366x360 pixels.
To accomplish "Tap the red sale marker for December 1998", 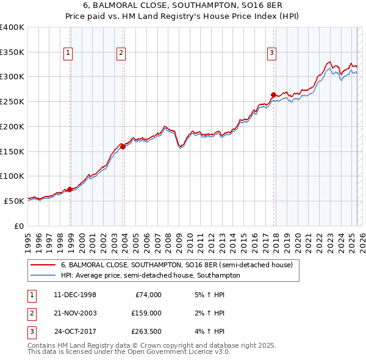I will pyautogui.click(x=70, y=189).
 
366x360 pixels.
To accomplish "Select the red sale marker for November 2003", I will pyautogui.click(x=123, y=146).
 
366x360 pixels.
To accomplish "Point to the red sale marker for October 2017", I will pyautogui.click(x=273, y=95).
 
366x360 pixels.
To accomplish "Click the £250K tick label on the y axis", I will pyautogui.click(x=12, y=102).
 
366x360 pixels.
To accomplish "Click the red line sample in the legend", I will pyautogui.click(x=43, y=265).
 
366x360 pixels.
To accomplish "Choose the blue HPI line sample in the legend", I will pyautogui.click(x=43, y=276).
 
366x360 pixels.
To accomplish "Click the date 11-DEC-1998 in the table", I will pyautogui.click(x=75, y=295).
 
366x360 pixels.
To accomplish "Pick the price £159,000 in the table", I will pyautogui.click(x=146, y=313).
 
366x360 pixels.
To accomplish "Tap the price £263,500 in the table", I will pyautogui.click(x=146, y=331).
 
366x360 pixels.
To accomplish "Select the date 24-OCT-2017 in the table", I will pyautogui.click(x=75, y=331).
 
